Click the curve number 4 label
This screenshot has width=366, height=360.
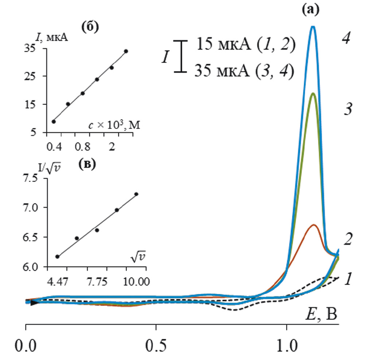pos(346,38)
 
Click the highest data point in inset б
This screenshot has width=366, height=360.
pos(126,51)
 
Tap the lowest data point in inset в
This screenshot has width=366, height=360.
pos(57,257)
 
